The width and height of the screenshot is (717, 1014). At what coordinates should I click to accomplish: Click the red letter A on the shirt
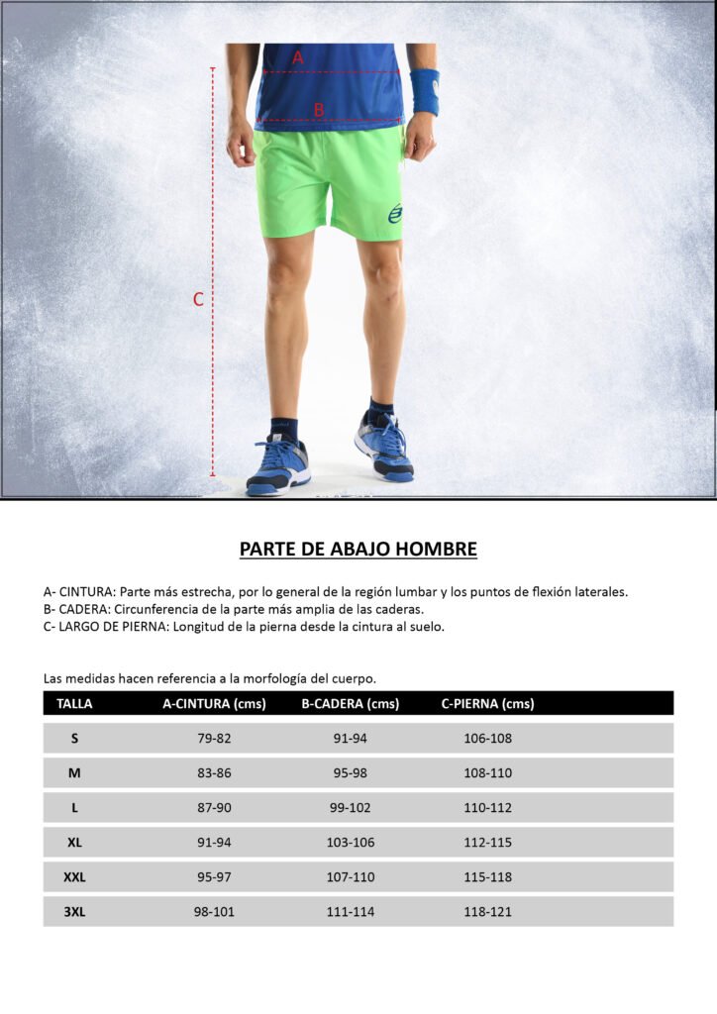297,58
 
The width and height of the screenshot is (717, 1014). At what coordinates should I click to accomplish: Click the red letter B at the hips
319,110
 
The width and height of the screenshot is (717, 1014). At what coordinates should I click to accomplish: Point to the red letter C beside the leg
198,299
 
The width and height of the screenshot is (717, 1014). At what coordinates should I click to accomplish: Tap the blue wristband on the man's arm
425,91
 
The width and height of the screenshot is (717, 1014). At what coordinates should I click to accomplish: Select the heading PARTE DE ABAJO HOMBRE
358,549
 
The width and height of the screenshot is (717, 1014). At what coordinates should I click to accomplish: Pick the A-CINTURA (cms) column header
214,704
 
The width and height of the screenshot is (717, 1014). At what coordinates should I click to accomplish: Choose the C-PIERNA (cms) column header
487,704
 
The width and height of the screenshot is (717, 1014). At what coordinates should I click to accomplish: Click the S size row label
74,739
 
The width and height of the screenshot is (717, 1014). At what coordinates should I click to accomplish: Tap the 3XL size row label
74,912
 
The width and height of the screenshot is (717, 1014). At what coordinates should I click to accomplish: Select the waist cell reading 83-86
214,773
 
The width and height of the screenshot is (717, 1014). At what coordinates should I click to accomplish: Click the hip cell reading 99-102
351,808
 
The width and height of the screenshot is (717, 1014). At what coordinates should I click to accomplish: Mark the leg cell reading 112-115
488,843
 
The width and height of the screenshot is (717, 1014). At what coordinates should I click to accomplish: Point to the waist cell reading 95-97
214,877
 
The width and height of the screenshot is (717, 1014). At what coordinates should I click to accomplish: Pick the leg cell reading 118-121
488,912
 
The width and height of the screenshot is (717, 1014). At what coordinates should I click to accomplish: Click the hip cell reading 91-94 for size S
351,739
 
